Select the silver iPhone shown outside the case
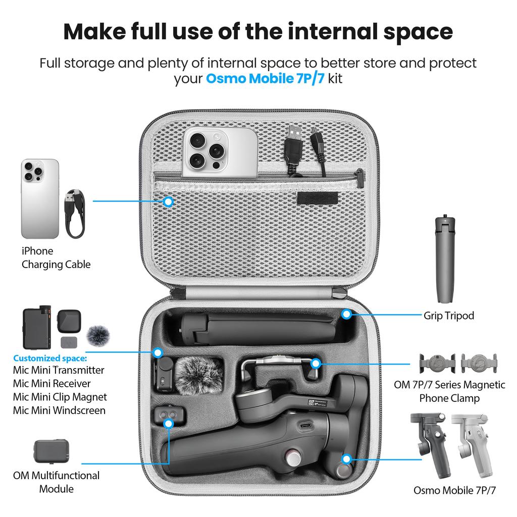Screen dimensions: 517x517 pyautogui.click(x=40, y=199)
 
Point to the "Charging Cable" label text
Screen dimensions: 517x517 pyautogui.click(x=56, y=265)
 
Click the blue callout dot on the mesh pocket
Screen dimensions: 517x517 pyautogui.click(x=169, y=201)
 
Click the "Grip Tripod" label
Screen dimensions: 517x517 pyautogui.click(x=449, y=316)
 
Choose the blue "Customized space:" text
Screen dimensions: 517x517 pyautogui.click(x=49, y=358)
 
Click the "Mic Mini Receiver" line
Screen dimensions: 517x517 pyautogui.click(x=52, y=383)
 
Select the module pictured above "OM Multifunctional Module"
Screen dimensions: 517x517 pyautogui.click(x=52, y=451)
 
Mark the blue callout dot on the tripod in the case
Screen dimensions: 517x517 pyautogui.click(x=346, y=314)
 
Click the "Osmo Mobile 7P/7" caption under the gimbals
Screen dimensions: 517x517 pyautogui.click(x=454, y=490)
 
